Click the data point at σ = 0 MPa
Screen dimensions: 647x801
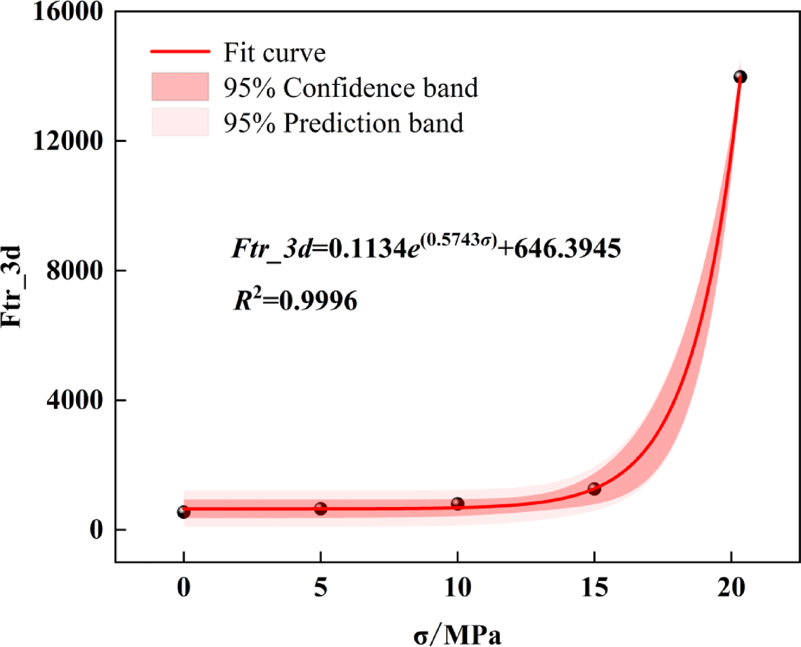(183, 511)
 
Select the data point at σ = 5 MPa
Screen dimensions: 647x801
(321, 508)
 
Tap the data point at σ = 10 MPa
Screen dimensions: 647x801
(458, 503)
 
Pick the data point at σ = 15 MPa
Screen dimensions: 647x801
(594, 489)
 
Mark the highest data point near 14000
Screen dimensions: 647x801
(740, 77)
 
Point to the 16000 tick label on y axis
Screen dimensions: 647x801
(68, 12)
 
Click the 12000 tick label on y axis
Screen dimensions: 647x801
(68, 141)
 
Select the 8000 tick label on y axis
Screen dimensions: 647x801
(75, 271)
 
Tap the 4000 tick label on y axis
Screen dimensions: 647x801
(75, 400)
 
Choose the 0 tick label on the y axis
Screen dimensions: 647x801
(96, 529)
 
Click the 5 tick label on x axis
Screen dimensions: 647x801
(321, 587)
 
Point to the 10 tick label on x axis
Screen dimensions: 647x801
(458, 587)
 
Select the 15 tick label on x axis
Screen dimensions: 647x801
(594, 587)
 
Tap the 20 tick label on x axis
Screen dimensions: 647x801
(731, 587)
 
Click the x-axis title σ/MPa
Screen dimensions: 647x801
(458, 634)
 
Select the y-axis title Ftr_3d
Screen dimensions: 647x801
(13, 286)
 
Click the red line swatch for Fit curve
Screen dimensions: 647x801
(180, 52)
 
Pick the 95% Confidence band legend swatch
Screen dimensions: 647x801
(180, 87)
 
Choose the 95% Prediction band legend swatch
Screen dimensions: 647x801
(180, 122)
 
